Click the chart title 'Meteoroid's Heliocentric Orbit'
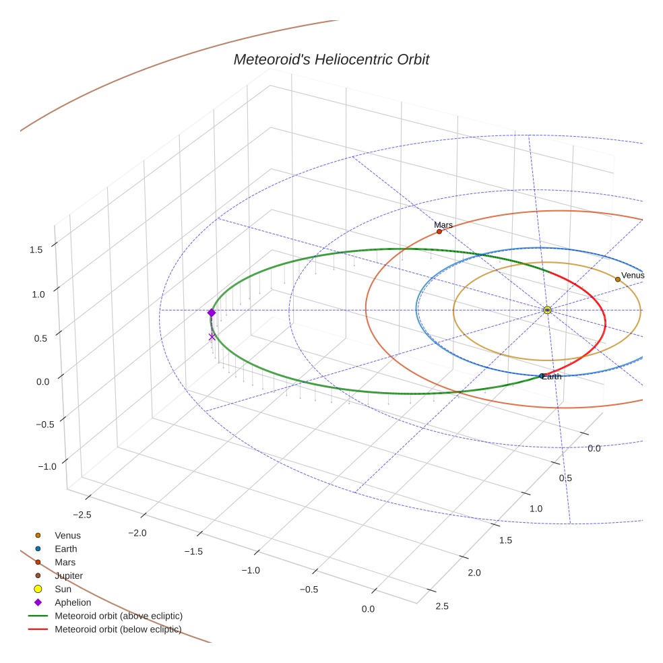tap(331, 60)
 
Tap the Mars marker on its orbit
tap(439, 232)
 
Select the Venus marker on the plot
tap(617, 279)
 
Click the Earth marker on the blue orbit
tap(542, 376)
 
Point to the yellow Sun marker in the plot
tap(547, 310)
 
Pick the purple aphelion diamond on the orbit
tap(212, 313)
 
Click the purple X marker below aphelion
tap(212, 337)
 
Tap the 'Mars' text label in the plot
tap(443, 225)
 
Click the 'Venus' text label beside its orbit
tap(633, 276)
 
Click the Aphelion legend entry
tap(73, 602)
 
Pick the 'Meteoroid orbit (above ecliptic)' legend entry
tap(119, 616)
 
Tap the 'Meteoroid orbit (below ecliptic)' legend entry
tap(118, 629)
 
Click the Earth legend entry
tap(65, 548)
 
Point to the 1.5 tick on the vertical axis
tap(36, 249)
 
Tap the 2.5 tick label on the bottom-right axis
tap(442, 606)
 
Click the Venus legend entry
tap(67, 535)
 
